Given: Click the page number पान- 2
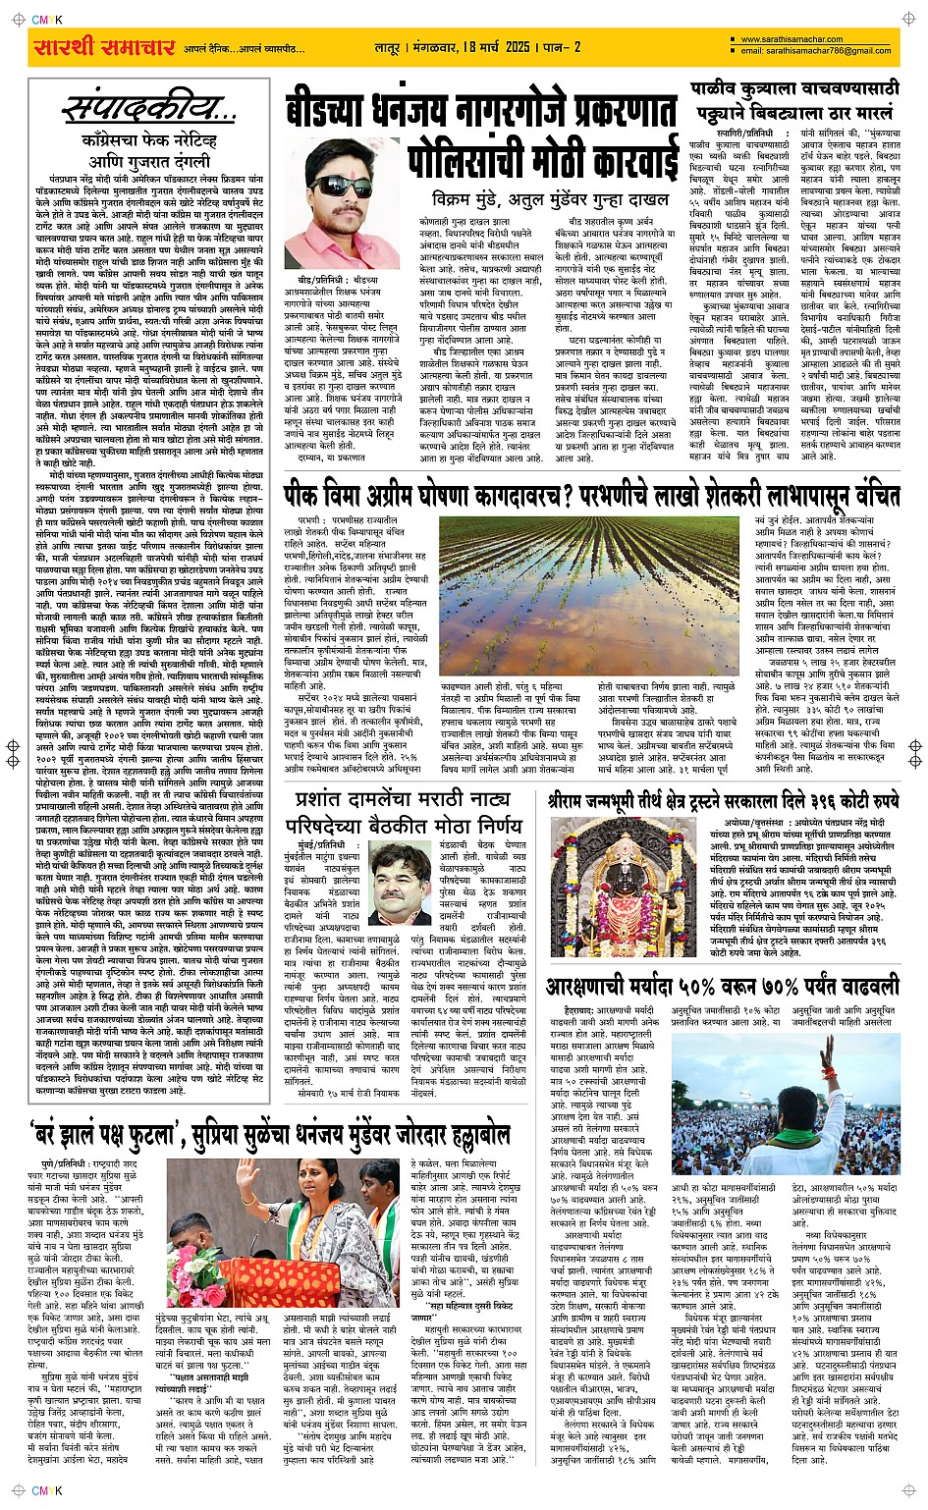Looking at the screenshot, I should tap(562, 47).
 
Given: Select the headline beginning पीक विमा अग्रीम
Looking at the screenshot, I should tap(591, 492).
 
